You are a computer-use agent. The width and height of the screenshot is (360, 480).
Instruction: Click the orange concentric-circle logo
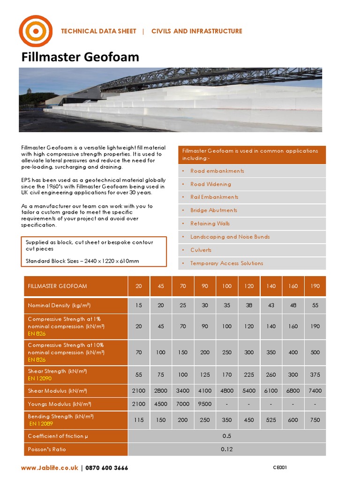click(x=36, y=31)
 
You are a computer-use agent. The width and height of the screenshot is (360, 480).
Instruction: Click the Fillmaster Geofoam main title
click(x=80, y=57)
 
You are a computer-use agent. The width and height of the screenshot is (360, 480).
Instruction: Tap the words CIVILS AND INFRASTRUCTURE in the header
click(x=196, y=31)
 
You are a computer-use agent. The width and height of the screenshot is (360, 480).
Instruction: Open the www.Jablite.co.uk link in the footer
click(x=50, y=468)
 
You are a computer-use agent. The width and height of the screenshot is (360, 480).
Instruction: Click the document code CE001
click(x=280, y=467)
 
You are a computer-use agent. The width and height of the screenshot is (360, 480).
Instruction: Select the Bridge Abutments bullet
click(x=213, y=210)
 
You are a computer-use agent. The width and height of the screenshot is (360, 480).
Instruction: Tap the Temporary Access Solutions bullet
click(x=226, y=263)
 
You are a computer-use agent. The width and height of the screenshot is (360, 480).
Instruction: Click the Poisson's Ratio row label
click(x=47, y=449)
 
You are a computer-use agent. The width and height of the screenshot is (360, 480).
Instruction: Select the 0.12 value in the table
click(x=227, y=449)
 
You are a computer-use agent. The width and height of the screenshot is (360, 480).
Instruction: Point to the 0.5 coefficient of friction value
click(x=227, y=436)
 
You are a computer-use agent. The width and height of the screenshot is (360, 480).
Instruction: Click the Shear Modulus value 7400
click(x=315, y=390)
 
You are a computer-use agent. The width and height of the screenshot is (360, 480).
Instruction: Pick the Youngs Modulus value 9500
click(x=205, y=404)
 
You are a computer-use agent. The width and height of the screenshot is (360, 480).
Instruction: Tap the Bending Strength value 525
click(x=271, y=420)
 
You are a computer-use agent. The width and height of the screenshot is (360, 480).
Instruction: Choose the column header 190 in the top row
click(x=315, y=286)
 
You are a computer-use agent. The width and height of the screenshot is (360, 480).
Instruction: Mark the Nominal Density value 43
click(x=271, y=305)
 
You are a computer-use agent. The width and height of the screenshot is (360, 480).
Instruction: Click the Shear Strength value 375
click(x=315, y=375)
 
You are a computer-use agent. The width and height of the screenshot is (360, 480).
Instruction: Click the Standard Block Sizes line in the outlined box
click(x=82, y=261)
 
